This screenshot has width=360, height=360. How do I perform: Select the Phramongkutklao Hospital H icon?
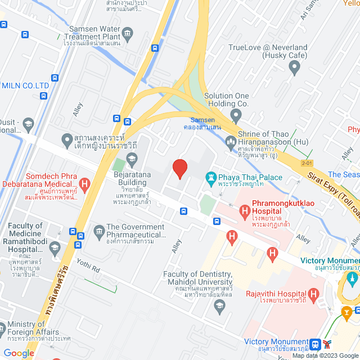245,212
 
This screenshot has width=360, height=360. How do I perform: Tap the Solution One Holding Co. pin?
236,116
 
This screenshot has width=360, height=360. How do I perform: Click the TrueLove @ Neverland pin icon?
294,69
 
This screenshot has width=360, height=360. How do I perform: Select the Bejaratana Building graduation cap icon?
131,161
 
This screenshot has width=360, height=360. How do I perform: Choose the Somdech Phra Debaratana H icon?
84,183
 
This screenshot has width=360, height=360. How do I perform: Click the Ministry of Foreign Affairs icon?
3,326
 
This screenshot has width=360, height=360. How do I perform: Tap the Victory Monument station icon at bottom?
316,344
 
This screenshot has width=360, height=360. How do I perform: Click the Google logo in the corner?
19,353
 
